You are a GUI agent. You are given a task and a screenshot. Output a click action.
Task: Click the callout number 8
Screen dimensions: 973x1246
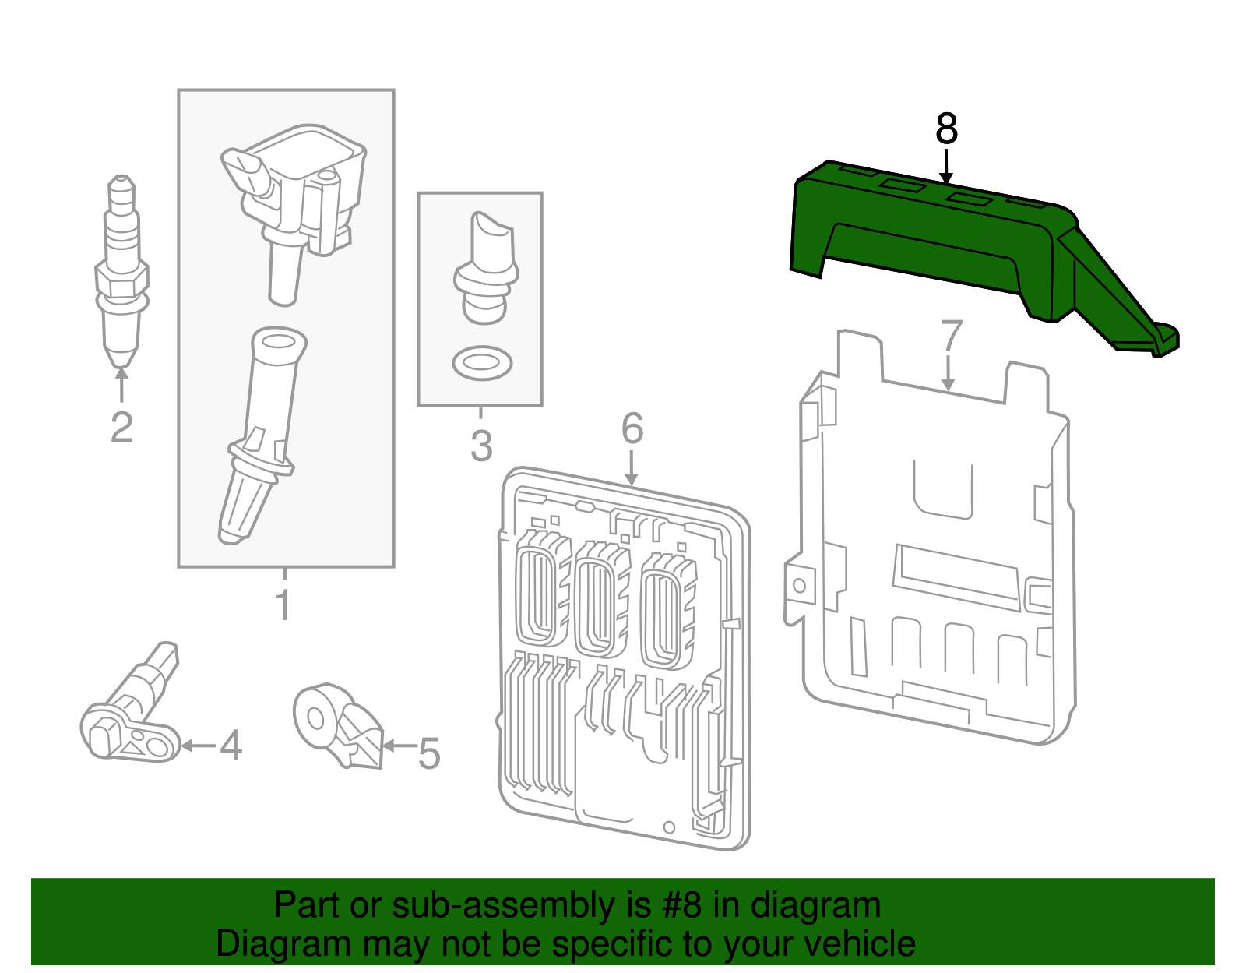tap(946, 129)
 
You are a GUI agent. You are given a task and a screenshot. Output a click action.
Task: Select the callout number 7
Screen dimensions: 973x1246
tap(951, 337)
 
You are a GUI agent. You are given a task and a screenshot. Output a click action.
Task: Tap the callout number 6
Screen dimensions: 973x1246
tap(632, 428)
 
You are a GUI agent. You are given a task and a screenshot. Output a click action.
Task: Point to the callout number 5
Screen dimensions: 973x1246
tap(429, 754)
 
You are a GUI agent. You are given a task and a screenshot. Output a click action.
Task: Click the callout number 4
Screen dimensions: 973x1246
tap(231, 746)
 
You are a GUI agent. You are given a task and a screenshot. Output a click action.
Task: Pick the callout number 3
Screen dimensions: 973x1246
tap(481, 446)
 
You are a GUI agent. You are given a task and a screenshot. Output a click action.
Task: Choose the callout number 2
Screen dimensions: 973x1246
tap(121, 428)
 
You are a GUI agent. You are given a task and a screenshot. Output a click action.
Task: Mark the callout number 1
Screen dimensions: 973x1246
tap(284, 605)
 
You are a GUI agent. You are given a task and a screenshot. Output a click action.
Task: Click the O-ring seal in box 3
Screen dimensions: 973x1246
tap(482, 363)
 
